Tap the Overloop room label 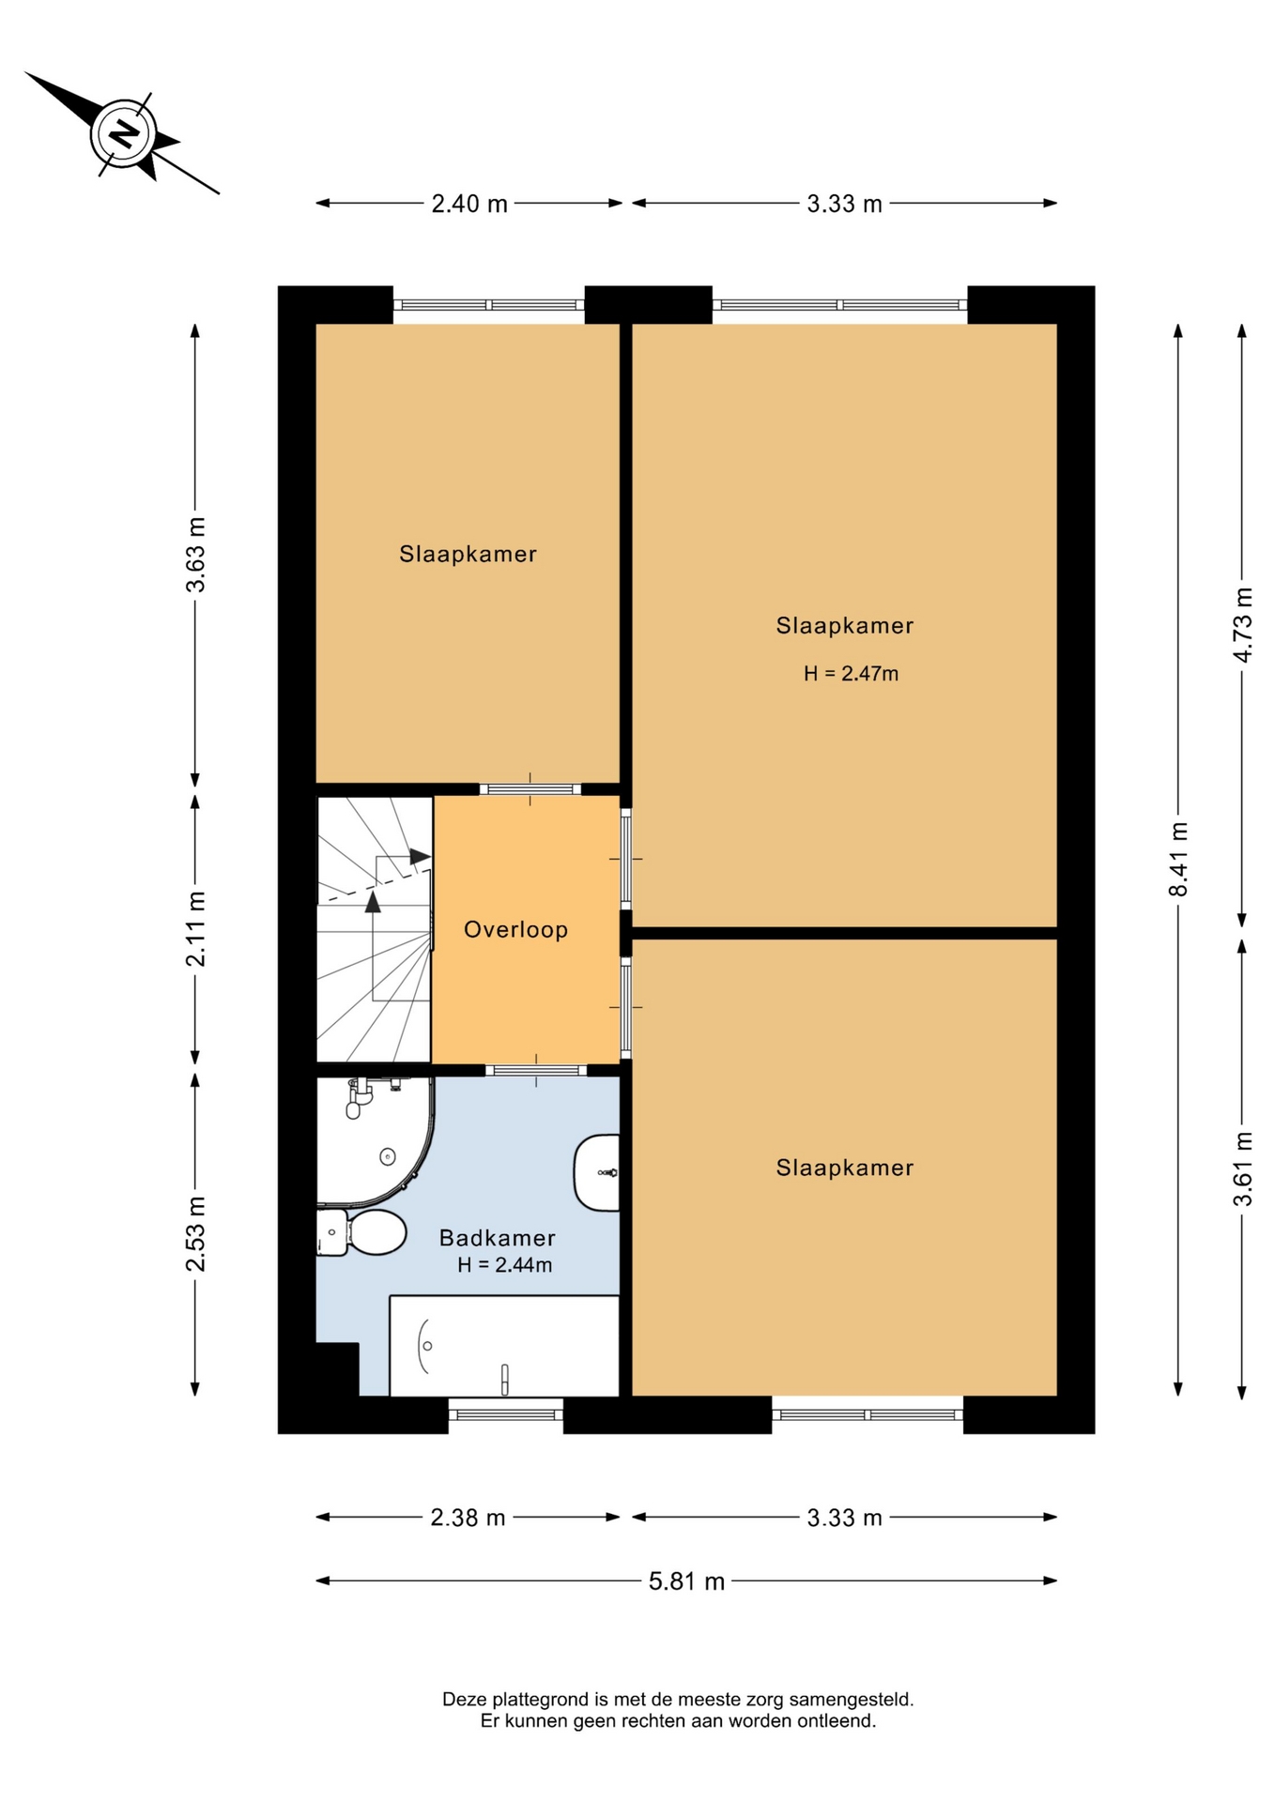tap(515, 929)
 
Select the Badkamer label tap(498, 1237)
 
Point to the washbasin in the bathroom tap(597, 1172)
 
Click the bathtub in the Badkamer tap(504, 1346)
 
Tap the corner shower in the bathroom tap(375, 1140)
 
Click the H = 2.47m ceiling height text tap(851, 673)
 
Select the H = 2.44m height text tap(504, 1264)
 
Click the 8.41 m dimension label tap(1178, 859)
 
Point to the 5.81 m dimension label tap(686, 1581)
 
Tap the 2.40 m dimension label tap(469, 204)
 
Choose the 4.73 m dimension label tap(1242, 624)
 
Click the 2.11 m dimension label tap(195, 928)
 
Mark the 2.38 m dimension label tap(468, 1518)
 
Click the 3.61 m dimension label tap(1242, 1169)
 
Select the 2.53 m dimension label tap(195, 1234)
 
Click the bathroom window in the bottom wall tap(505, 1414)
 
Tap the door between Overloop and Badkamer tap(536, 1070)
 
